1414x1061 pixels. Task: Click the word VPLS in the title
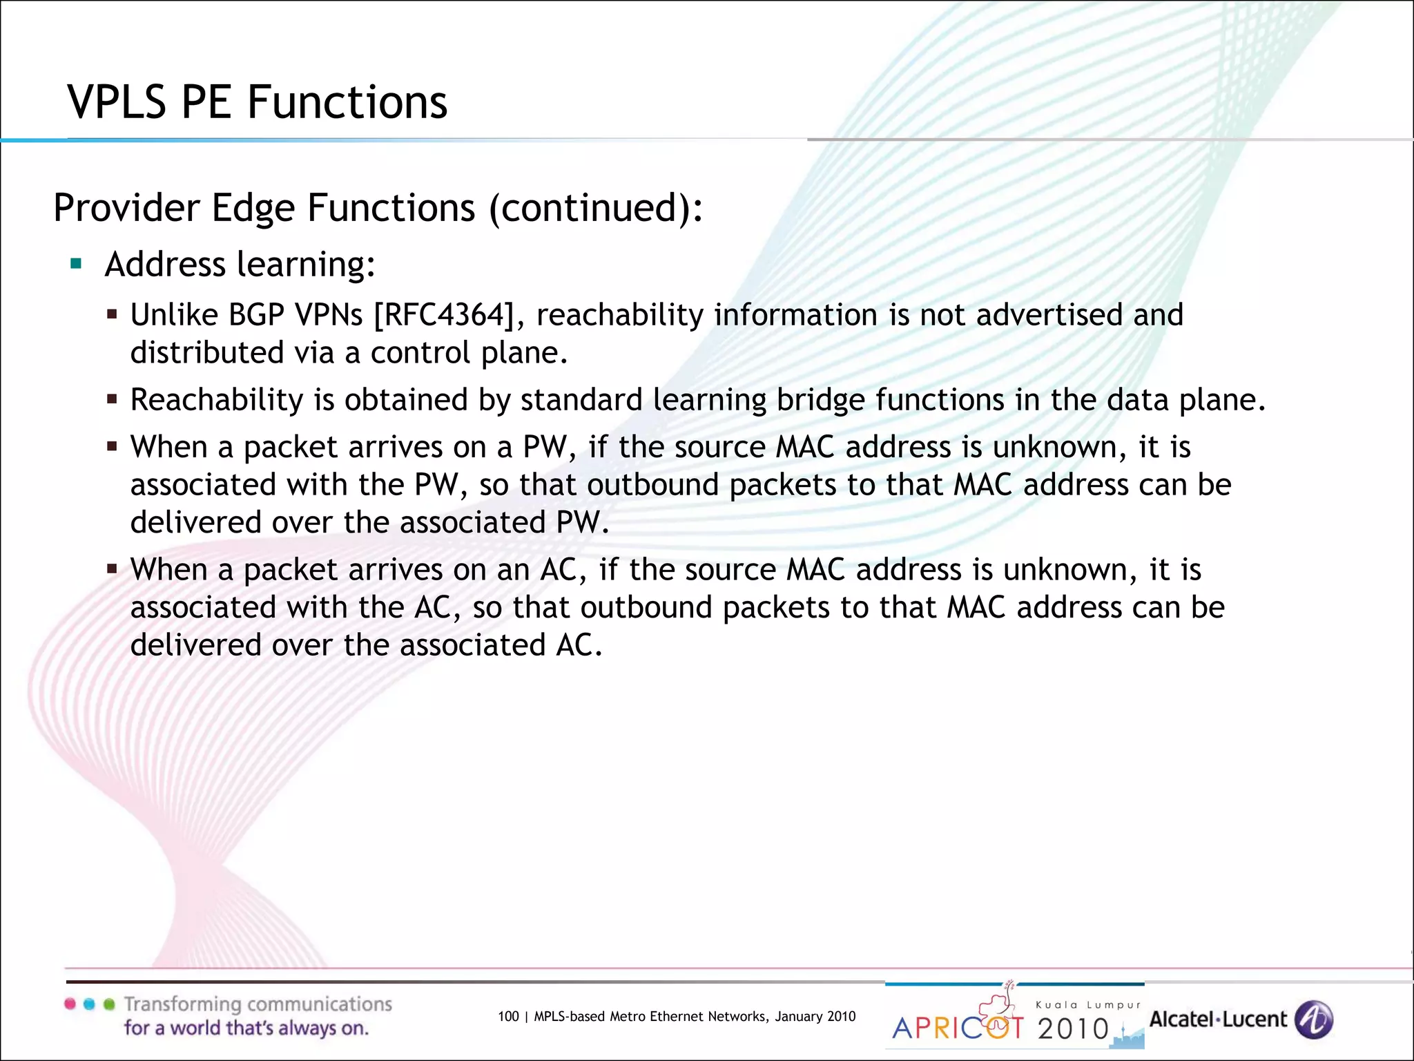[117, 102]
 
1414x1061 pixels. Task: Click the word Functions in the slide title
[347, 102]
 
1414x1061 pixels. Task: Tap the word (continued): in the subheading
[596, 208]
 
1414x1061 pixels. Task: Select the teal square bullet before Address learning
[76, 263]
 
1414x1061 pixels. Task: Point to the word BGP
[256, 316]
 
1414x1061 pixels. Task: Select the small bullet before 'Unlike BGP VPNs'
[112, 315]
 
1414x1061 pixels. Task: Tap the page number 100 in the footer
[507, 1016]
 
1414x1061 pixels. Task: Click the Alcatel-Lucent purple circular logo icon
[1313, 1020]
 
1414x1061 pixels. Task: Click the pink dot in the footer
[70, 1004]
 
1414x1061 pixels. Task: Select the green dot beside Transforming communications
[108, 1004]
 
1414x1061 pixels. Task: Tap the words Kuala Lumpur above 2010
[1088, 1005]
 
